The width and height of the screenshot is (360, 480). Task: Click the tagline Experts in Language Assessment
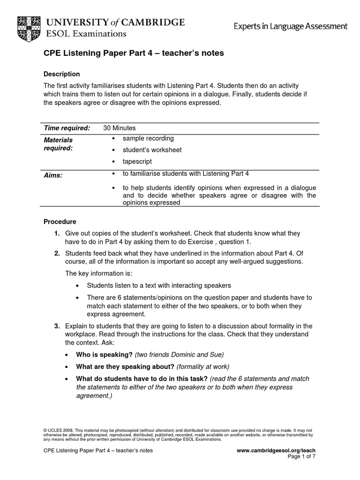click(x=291, y=27)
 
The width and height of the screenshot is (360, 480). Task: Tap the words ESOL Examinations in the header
click(x=86, y=34)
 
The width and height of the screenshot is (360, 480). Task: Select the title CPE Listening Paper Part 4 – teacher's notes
click(x=127, y=53)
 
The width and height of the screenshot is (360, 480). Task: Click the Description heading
click(x=61, y=74)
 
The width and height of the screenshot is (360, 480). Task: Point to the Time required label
click(x=67, y=128)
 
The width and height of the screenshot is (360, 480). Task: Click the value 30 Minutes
click(x=119, y=128)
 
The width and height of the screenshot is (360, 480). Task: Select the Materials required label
click(x=58, y=144)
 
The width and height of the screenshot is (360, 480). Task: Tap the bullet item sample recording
click(x=148, y=138)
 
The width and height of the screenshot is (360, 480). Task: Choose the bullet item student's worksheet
click(x=152, y=150)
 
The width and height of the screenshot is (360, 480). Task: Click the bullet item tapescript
click(x=137, y=162)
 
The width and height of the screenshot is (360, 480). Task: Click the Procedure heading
click(x=60, y=221)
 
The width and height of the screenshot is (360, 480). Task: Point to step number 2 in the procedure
click(x=56, y=254)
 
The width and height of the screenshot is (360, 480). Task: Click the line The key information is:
click(x=98, y=273)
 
